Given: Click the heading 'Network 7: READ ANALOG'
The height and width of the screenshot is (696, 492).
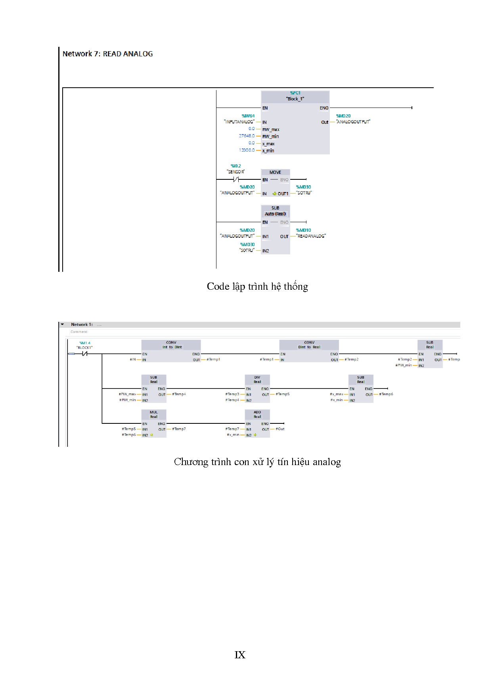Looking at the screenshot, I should pyautogui.click(x=107, y=54).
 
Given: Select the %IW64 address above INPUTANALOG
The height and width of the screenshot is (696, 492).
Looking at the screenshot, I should pyautogui.click(x=248, y=116).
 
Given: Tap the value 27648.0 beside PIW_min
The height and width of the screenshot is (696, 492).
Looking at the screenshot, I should pyautogui.click(x=247, y=136).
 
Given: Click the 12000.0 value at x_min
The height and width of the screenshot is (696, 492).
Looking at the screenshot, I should pyautogui.click(x=247, y=150).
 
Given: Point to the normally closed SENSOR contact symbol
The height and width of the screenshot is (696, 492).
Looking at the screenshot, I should pyautogui.click(x=236, y=180).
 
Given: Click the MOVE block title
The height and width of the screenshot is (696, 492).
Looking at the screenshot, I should pyautogui.click(x=275, y=172).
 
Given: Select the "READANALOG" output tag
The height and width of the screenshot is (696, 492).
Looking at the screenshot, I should pyautogui.click(x=311, y=236).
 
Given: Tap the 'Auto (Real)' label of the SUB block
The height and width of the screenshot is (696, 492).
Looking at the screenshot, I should pyautogui.click(x=275, y=214).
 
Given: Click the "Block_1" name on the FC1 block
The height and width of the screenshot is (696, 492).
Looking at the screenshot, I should pyautogui.click(x=295, y=99).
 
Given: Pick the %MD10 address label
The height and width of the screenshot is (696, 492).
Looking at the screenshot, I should pyautogui.click(x=304, y=230).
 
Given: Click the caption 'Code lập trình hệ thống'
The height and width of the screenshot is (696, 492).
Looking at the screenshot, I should pyautogui.click(x=257, y=286).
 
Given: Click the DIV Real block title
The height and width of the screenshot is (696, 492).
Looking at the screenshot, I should pyautogui.click(x=257, y=379).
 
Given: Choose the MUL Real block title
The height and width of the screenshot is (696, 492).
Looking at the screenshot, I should pyautogui.click(x=154, y=414).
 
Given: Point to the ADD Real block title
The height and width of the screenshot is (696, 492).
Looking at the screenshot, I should pyautogui.click(x=257, y=414).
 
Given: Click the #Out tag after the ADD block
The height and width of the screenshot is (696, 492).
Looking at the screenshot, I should pyautogui.click(x=280, y=429).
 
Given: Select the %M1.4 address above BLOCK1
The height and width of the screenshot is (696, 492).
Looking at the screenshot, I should pyautogui.click(x=85, y=343).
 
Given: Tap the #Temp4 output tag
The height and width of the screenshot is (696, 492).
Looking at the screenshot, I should pyautogui.click(x=179, y=394).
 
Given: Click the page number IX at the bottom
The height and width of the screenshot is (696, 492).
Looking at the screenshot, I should pyautogui.click(x=240, y=655).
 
